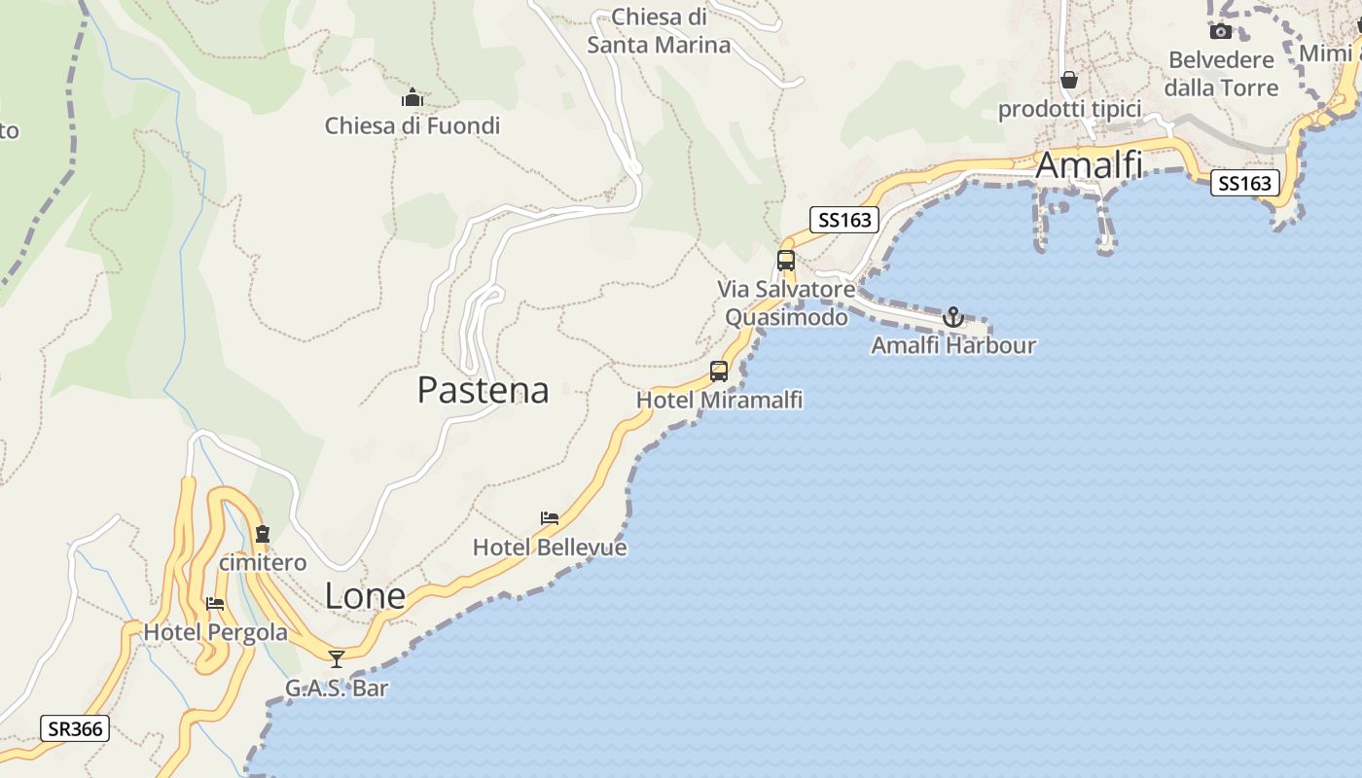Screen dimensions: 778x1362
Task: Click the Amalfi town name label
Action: tap(1089, 165)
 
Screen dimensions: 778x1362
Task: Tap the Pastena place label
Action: tap(483, 390)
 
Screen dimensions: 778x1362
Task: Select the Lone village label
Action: tap(365, 595)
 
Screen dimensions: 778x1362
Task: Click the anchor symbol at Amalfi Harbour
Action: tap(952, 317)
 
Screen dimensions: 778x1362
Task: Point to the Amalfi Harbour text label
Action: tap(953, 345)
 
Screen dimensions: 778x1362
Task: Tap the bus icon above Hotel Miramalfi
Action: tap(719, 371)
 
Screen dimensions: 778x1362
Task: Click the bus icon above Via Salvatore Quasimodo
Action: tap(786, 261)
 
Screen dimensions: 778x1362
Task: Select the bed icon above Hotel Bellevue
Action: tap(550, 518)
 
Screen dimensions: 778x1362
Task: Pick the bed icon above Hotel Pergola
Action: tap(215, 604)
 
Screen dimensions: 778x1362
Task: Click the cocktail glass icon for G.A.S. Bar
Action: tap(337, 659)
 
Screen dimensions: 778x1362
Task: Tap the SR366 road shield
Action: tap(75, 728)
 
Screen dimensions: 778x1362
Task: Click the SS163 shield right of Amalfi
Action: tap(1244, 182)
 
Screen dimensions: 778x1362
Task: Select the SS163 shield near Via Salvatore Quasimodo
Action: tap(844, 220)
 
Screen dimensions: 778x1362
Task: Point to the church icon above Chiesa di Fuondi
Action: tap(412, 98)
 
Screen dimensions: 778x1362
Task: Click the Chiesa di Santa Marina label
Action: tap(659, 31)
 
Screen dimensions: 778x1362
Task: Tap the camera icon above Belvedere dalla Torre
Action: tap(1221, 31)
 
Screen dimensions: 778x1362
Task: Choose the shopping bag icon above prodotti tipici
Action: tap(1069, 80)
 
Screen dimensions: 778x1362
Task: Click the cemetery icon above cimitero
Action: tap(262, 534)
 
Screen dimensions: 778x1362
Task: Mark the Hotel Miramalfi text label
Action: tap(719, 400)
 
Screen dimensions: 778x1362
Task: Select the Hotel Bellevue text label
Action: tap(550, 548)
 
